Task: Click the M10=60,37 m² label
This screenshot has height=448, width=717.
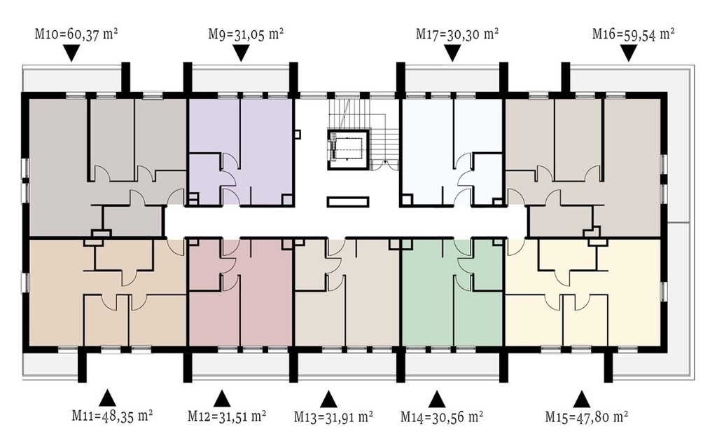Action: point(77,34)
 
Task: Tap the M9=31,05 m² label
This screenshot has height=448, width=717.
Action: point(246,34)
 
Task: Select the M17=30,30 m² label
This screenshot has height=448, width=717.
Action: point(457,34)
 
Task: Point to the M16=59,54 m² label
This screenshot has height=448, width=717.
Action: point(633,34)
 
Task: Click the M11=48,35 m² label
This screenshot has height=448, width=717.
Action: point(112,416)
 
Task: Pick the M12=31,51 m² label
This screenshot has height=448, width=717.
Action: point(228,416)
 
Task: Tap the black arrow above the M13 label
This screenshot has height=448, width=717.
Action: point(328,398)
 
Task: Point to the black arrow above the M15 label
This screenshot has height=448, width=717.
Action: point(582,398)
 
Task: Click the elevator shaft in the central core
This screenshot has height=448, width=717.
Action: point(348,150)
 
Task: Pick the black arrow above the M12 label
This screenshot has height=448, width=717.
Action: point(222,398)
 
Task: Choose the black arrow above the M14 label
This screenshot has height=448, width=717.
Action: point(437,398)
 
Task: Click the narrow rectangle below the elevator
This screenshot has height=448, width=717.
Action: point(348,202)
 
